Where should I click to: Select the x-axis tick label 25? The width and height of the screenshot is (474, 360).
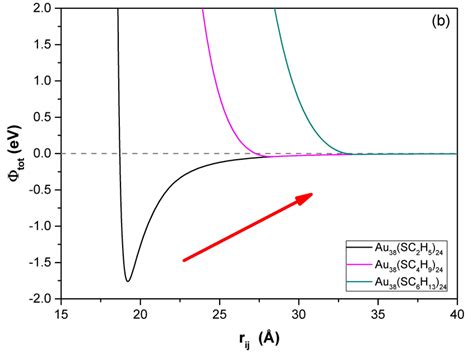click(219, 313)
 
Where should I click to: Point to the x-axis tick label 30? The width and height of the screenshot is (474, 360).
click(298, 313)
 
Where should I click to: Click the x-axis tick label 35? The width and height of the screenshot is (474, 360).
click(377, 313)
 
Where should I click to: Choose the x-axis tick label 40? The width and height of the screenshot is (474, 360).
click(455, 313)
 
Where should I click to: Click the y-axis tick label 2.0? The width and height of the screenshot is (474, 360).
click(42, 8)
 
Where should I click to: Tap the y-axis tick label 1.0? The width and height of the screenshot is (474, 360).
click(42, 81)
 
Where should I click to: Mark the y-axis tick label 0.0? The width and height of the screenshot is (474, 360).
click(42, 154)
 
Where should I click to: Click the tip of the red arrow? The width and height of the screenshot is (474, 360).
click(312, 195)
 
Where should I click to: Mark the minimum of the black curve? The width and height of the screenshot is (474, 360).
click(127, 281)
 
